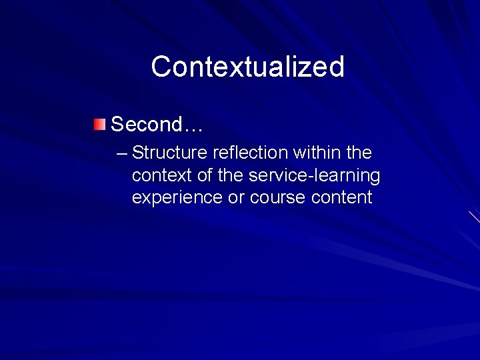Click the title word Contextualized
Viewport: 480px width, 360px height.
[x=247, y=67]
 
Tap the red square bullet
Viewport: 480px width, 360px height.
[x=99, y=123]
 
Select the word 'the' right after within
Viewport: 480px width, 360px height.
[x=359, y=153]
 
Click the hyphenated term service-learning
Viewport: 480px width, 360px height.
[x=314, y=176]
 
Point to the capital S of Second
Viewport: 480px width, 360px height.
[x=117, y=124]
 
